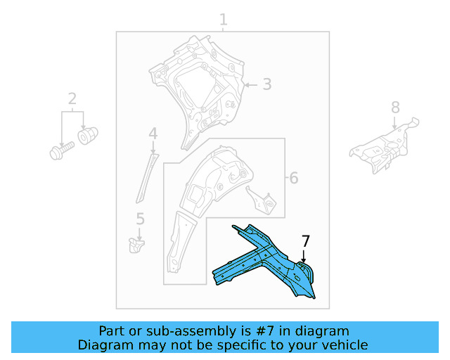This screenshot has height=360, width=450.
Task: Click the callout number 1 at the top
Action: coord(224,19)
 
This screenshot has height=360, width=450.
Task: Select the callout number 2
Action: coord(72,98)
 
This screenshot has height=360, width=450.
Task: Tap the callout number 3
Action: coord(266,84)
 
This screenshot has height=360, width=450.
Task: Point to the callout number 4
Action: coord(153,134)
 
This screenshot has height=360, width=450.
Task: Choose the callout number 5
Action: coord(140,219)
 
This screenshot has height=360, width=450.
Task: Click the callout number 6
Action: coord(293,178)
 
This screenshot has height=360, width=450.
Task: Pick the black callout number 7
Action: coord(304,241)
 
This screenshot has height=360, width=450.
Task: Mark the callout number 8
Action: coord(395,107)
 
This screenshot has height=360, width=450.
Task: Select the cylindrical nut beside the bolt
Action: coord(88,134)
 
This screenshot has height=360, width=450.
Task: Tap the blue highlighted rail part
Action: coord(267,264)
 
